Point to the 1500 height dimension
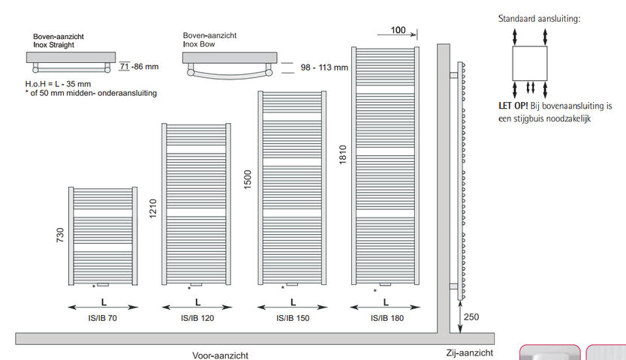point(249,179)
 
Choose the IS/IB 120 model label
point(197,318)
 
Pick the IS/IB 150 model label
point(293,318)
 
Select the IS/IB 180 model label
point(386,318)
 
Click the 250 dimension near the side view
point(471,316)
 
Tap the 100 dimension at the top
point(398,30)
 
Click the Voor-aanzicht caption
point(220,355)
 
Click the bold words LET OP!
point(514,106)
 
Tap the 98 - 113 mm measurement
point(324,67)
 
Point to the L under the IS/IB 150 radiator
point(293,302)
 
